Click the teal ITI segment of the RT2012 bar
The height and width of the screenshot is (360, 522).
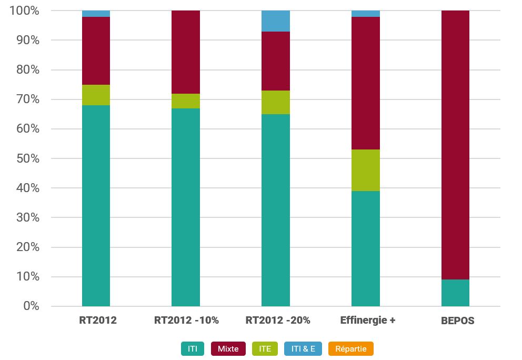click(96, 205)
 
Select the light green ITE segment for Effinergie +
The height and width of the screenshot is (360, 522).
click(366, 170)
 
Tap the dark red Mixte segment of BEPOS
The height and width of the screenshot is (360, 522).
click(455, 145)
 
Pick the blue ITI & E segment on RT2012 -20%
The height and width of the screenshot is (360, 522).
click(276, 21)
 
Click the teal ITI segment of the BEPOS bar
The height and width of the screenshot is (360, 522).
click(455, 293)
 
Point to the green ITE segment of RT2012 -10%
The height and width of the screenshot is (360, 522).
click(186, 101)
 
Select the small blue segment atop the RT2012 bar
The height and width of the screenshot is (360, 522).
click(96, 14)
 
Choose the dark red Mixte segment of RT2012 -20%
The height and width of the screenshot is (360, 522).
click(276, 61)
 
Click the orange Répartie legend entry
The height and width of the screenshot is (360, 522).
click(350, 348)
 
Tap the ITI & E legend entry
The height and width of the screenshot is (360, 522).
click(303, 348)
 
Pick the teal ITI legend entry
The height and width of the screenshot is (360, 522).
click(193, 348)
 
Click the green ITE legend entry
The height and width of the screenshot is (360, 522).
click(265, 348)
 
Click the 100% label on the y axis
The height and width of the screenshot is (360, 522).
click(24, 11)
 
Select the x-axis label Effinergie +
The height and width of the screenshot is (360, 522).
click(368, 320)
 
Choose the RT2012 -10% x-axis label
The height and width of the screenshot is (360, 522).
click(186, 320)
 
